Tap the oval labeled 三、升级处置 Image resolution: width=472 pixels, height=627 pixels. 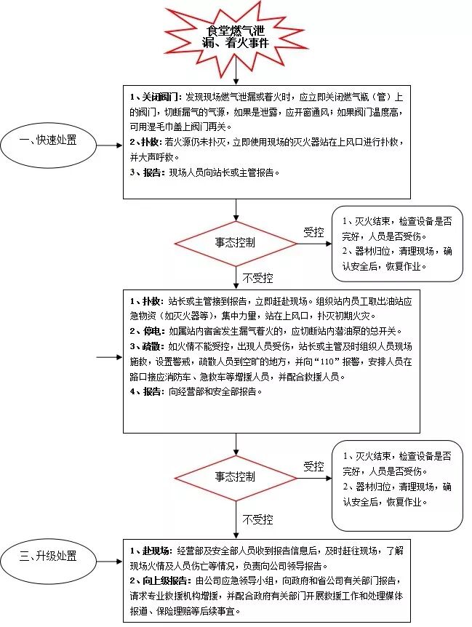point(49,557)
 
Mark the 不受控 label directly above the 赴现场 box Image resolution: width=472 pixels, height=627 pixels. point(257,519)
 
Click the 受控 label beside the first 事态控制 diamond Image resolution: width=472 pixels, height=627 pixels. point(313,232)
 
